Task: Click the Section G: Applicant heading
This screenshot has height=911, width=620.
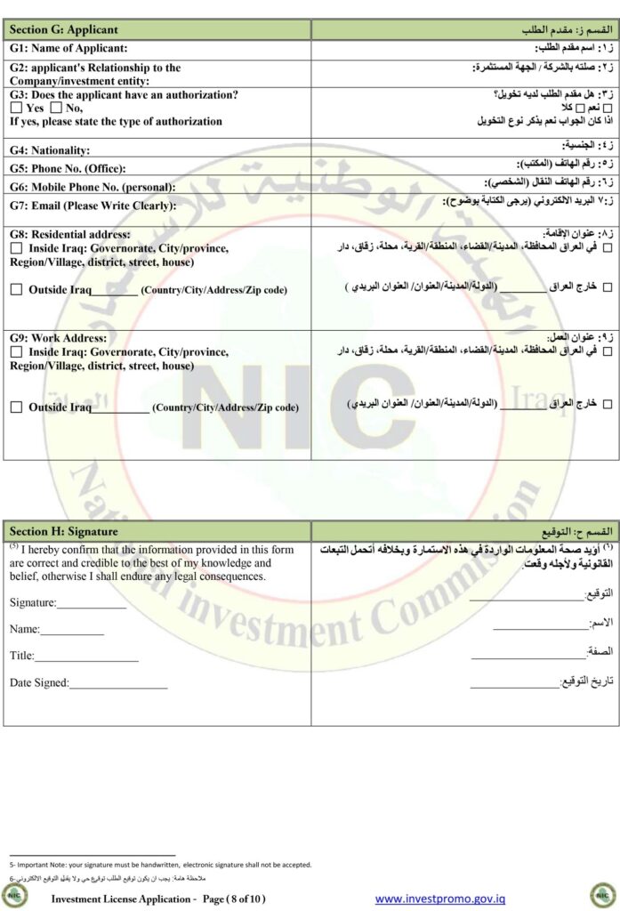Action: point(63,30)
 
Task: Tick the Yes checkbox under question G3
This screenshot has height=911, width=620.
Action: point(16,109)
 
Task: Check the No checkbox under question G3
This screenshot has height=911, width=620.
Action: point(57,109)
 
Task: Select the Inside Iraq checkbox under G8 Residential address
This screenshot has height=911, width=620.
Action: point(16,249)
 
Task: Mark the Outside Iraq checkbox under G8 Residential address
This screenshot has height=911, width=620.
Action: point(16,290)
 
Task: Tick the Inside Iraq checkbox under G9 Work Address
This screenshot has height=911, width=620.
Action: point(16,352)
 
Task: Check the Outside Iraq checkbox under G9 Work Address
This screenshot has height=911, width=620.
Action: point(16,407)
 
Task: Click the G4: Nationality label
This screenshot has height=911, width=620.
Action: point(50,151)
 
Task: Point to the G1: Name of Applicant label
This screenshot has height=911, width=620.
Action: point(68,48)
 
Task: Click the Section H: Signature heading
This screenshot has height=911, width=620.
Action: point(63,531)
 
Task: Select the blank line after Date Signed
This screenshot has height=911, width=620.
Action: point(118,683)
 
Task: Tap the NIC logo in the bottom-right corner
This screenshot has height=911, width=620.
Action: point(600,894)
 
